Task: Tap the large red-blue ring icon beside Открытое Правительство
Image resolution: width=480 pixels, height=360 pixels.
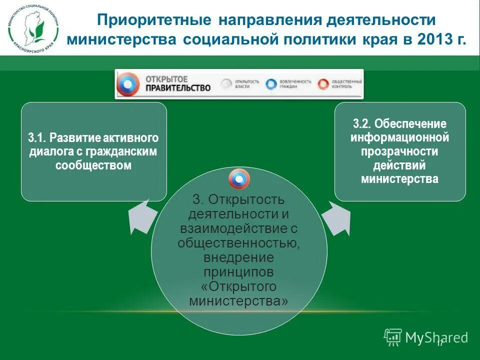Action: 128,84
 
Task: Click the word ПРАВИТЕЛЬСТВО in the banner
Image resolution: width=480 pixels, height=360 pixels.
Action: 177,87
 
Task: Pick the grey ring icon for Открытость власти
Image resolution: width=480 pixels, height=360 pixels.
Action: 227,84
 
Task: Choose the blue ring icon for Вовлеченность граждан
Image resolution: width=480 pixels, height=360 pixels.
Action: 271,84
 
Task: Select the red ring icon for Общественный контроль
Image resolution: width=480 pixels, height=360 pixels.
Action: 323,84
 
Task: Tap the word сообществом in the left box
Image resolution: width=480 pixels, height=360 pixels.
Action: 93,165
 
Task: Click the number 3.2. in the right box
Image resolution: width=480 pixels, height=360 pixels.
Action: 363,123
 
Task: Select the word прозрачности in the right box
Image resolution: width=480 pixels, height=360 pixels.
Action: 399,151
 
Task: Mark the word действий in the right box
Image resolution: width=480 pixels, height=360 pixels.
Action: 399,165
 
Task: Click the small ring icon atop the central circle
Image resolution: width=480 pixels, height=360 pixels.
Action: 239,179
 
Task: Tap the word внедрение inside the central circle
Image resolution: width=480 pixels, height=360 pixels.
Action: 239,257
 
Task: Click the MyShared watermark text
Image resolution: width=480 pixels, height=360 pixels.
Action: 436,337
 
